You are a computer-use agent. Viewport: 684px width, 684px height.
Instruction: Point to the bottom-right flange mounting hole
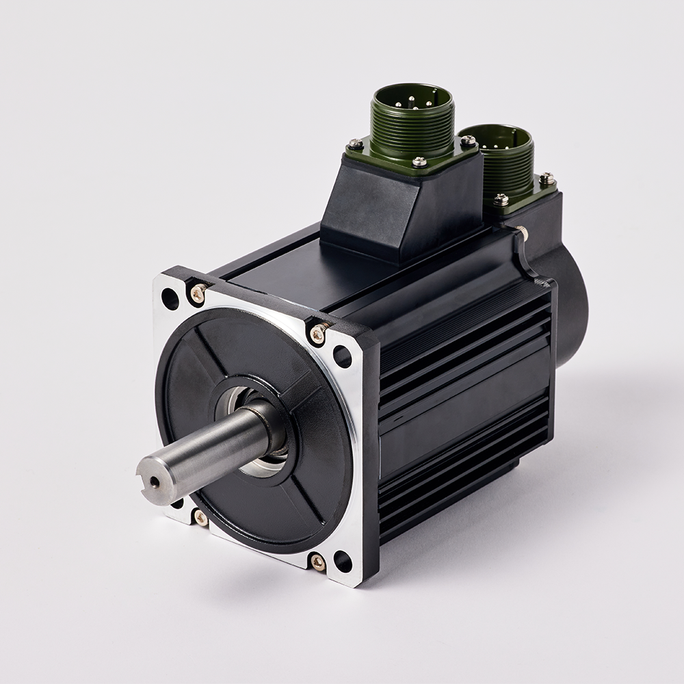coord(342,562)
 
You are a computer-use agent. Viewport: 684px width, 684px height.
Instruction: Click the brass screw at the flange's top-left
coord(198,294)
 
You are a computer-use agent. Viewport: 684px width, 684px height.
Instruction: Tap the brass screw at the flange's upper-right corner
coord(318,334)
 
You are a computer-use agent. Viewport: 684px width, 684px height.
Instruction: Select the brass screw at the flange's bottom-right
coord(318,562)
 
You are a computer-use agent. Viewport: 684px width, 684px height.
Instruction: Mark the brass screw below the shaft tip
coord(200,517)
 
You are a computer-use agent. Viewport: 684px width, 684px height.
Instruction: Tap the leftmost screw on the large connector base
coord(355,144)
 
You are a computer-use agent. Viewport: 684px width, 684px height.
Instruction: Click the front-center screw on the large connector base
coord(419,162)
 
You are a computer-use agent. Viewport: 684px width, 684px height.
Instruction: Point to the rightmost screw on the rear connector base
coord(547,179)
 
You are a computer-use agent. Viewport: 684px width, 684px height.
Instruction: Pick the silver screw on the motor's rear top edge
coord(523,233)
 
